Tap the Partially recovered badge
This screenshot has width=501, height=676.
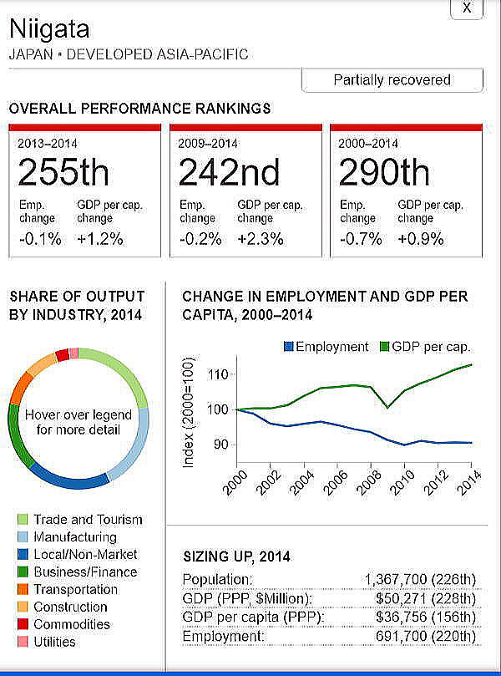click(392, 80)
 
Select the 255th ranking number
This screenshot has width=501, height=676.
click(63, 172)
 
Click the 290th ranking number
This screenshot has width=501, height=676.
click(384, 172)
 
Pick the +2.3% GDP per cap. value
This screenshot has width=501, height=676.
click(261, 238)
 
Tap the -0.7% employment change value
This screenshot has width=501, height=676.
click(362, 238)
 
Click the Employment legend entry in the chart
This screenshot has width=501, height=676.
click(326, 346)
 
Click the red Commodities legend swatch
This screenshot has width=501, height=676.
click(23, 625)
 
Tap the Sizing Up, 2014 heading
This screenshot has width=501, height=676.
click(236, 556)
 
